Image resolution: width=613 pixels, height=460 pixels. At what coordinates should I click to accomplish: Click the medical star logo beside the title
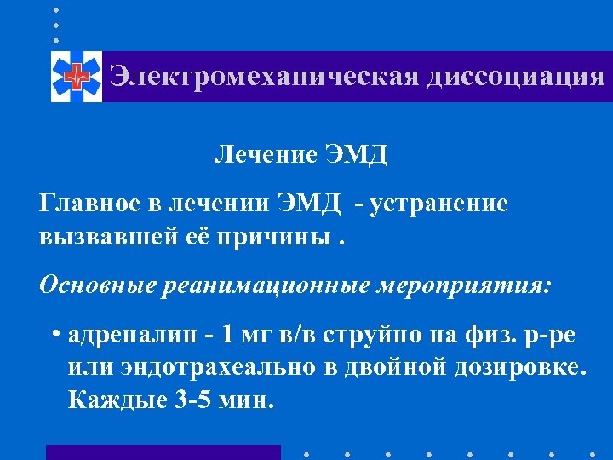77,77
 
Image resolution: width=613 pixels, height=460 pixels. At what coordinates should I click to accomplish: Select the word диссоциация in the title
516,76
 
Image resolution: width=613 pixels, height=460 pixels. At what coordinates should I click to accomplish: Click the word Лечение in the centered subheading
265,155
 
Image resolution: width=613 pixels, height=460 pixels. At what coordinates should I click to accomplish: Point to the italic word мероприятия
463,285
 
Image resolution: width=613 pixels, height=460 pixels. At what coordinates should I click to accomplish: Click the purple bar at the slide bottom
163,451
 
